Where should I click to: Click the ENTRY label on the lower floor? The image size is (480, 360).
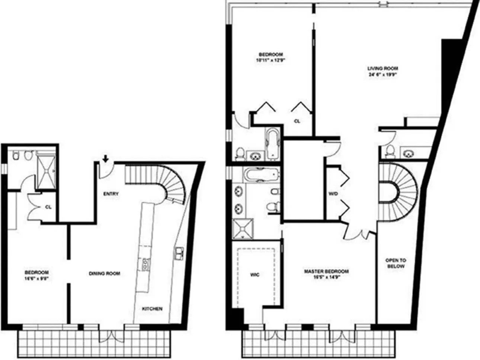coord(111,194)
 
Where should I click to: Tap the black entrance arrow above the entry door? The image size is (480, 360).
coord(105,159)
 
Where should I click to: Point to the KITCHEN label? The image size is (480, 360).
coord(152,309)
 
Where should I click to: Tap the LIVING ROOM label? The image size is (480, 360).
coord(383,68)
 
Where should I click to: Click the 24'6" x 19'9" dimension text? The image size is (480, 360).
coord(383,74)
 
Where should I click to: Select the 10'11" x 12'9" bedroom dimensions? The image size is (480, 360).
coord(271,60)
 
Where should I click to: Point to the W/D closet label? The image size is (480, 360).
coord(332,194)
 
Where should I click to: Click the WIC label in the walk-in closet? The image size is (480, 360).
coord(255,275)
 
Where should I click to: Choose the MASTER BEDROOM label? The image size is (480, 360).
coord(326,271)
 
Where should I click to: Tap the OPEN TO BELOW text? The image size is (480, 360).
coord(396,263)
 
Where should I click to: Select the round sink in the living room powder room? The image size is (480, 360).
coord(409,153)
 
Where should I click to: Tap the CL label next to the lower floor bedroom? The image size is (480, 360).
coord(48,207)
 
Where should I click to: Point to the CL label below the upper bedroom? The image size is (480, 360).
coord(297,121)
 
